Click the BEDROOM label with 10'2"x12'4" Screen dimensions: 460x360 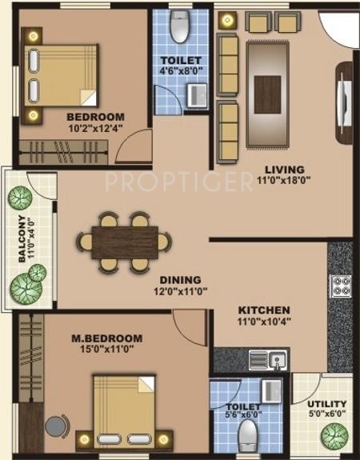click(x=96, y=115)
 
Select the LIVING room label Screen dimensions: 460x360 click(x=286, y=169)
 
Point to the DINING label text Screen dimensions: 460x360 click(x=179, y=280)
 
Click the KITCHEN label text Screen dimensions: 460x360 click(x=262, y=310)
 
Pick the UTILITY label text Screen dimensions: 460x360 click(x=327, y=404)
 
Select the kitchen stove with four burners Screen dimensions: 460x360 click(x=341, y=286)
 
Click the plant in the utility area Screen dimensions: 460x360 click(x=334, y=436)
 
